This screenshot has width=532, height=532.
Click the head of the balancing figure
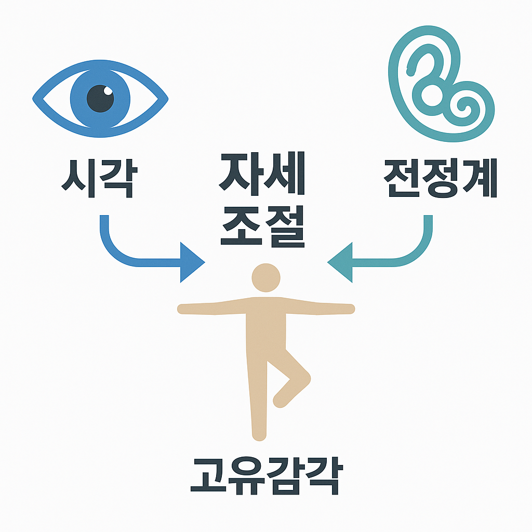click(265, 278)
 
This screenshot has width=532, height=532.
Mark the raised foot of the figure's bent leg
click(280, 400)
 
